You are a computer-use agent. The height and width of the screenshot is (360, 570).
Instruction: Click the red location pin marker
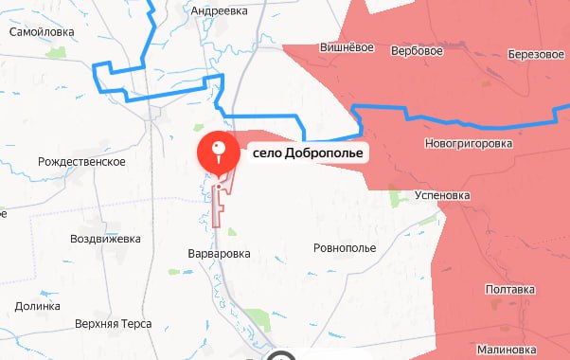(x=219, y=151)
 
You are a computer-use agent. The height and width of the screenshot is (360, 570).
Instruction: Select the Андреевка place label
(x=219, y=10)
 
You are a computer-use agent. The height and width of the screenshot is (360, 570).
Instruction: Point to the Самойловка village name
(x=42, y=31)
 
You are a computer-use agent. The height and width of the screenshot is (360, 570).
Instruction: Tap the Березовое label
(x=536, y=54)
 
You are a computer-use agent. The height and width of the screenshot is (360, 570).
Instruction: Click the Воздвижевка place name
(x=106, y=238)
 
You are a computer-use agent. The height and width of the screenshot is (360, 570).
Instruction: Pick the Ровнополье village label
(x=344, y=248)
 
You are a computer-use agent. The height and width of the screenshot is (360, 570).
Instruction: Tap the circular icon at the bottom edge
(x=280, y=356)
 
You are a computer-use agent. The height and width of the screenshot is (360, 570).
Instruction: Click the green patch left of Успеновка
(x=394, y=198)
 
